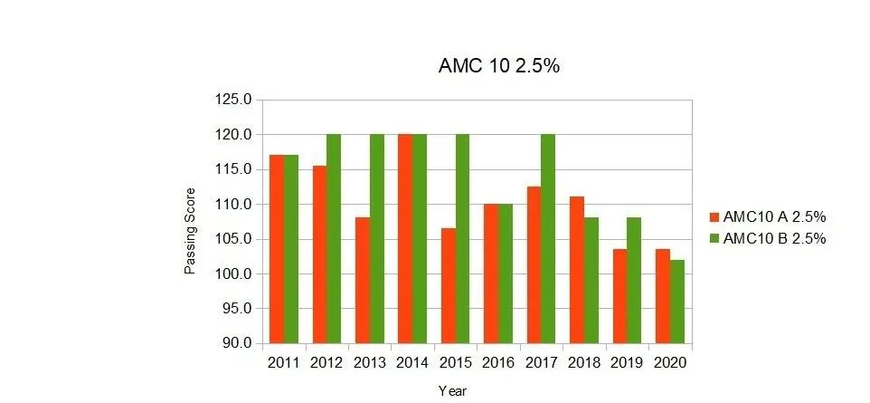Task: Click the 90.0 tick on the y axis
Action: tap(235, 343)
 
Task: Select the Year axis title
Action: tap(452, 391)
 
